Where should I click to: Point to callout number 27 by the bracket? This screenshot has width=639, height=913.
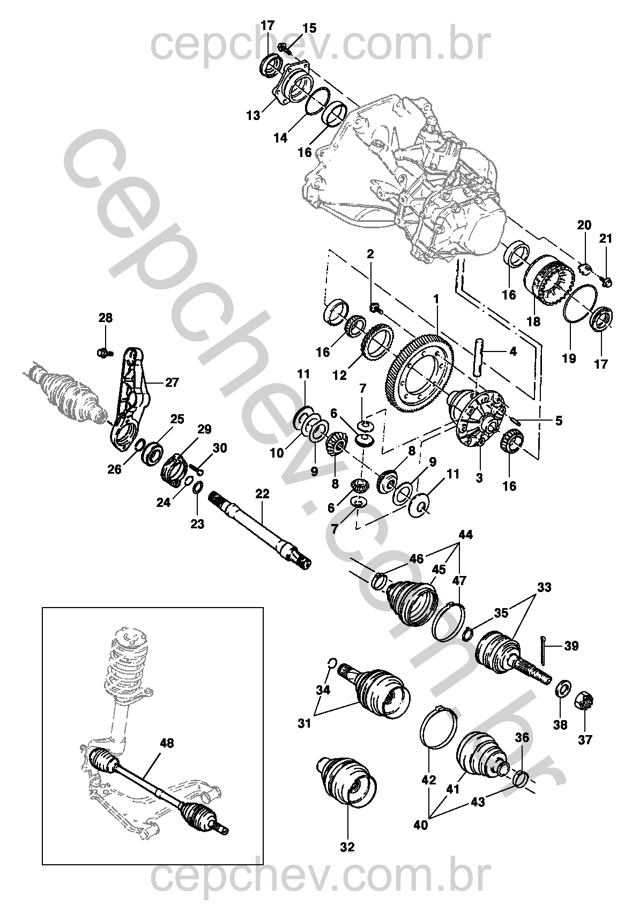coord(172,383)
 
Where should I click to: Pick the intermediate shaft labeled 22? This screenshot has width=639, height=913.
coord(261,534)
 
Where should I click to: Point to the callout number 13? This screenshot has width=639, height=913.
coord(253,115)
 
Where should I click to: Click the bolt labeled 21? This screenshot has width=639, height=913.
coord(607,280)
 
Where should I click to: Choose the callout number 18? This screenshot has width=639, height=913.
coord(533,321)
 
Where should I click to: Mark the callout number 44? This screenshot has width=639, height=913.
coord(465,534)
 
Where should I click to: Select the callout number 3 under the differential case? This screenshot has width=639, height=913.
coord(479,477)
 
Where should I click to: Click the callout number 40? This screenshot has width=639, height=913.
coord(421,825)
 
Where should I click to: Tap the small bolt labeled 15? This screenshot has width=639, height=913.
coord(284,49)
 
